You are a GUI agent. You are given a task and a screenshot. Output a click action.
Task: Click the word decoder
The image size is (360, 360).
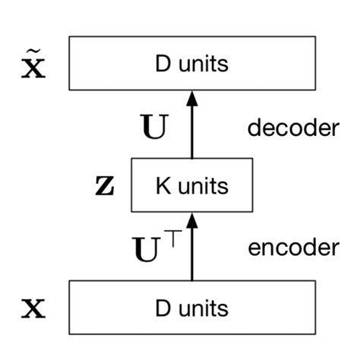pos(292,128)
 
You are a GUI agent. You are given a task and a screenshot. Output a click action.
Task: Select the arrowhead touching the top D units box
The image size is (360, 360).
pos(192,98)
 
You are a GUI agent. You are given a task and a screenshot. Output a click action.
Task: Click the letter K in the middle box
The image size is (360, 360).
pos(160,185)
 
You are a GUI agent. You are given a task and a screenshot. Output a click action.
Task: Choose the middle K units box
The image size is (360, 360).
pos(192,185)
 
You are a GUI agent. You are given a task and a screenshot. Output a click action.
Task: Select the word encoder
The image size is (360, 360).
pos(292,247)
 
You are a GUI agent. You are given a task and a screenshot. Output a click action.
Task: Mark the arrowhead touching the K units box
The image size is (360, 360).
pos(192,219)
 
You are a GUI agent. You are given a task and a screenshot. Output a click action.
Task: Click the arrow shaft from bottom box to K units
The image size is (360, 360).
pos(192,254)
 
